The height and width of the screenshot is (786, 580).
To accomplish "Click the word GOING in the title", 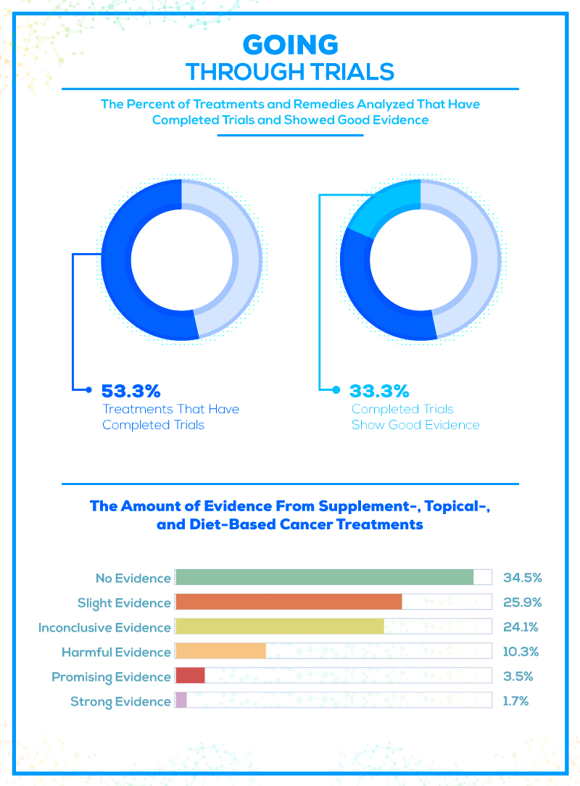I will coord(290,45).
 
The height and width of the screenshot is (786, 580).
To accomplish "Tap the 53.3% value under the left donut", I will coord(130,391).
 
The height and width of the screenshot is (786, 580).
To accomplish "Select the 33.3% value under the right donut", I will coord(380,391).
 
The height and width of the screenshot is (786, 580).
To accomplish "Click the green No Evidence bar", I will coord(324,577).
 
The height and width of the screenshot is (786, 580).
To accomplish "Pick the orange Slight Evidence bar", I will coord(289,602).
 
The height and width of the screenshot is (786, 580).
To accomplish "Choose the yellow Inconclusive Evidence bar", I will coord(280,626).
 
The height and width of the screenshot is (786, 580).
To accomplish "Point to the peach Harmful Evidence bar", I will coord(220,651).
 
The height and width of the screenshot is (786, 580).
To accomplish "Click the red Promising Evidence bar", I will coord(190,676).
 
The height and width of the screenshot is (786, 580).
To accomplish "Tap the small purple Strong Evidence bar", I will coord(181,700).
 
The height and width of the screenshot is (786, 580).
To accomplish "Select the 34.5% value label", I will coord(522,578).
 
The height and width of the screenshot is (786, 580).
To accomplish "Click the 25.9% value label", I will coord(522,603).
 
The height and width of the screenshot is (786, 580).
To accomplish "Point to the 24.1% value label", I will coord(521,627).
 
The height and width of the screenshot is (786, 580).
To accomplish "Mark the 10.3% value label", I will coord(521,652).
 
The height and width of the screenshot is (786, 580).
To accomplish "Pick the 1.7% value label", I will coord(515,701).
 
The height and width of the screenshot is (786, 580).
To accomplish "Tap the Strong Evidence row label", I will coord(120,701).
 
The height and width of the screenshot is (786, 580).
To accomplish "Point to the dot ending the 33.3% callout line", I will coord(336,390).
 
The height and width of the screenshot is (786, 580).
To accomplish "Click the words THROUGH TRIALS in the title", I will coord(290,72).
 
